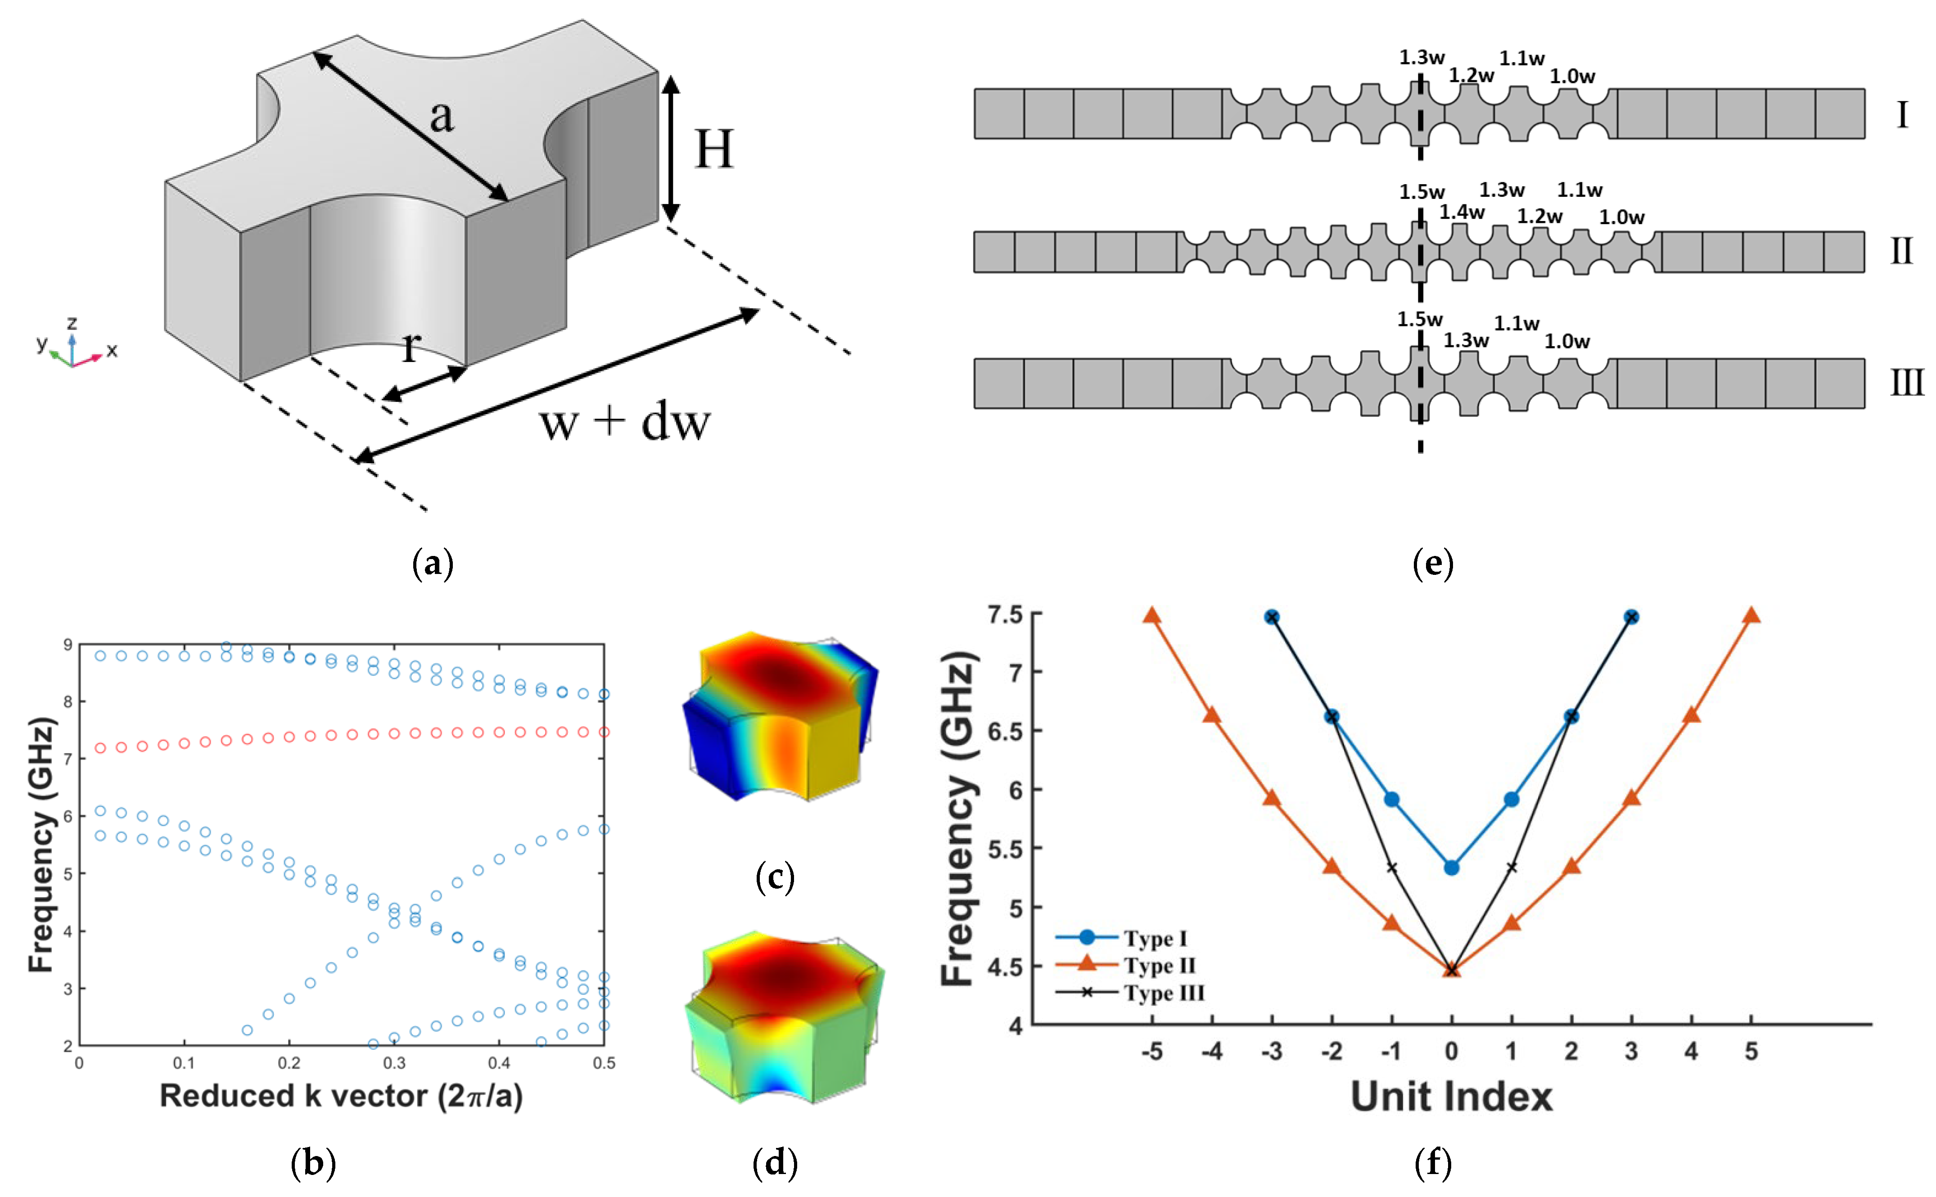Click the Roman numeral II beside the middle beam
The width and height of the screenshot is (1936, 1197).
click(x=1901, y=252)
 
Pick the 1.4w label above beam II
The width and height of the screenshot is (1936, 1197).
click(x=1461, y=212)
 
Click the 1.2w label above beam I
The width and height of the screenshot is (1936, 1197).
click(x=1471, y=75)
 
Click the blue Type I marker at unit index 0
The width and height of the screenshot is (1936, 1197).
click(x=1451, y=867)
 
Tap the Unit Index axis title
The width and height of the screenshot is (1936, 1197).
click(x=1451, y=1097)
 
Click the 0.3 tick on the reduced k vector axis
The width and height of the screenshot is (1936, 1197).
click(x=394, y=1062)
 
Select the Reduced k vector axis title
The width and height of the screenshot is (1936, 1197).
click(x=341, y=1097)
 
